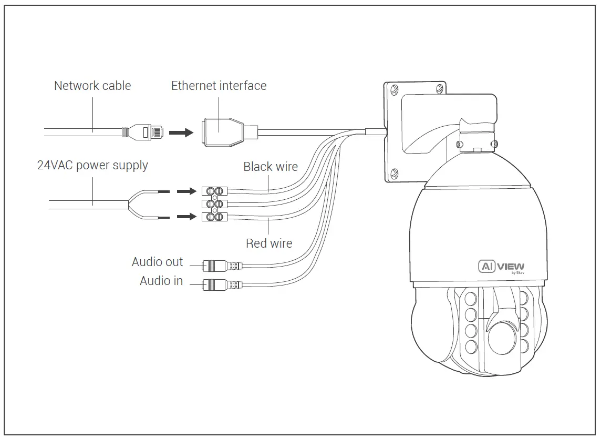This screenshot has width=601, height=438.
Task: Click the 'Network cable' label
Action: tap(92, 86)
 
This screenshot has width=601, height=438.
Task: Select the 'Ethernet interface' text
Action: tap(219, 86)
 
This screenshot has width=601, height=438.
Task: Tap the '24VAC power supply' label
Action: tap(92, 166)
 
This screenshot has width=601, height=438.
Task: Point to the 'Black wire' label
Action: tap(270, 167)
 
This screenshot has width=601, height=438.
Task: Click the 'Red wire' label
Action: tap(269, 243)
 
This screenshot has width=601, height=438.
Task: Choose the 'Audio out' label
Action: tap(157, 262)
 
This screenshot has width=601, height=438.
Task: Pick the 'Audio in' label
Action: tap(161, 281)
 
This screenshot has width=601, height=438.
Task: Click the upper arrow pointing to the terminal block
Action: tap(185, 191)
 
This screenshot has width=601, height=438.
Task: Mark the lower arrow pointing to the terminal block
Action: tap(185, 216)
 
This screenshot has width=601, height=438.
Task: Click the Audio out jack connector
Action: tap(215, 266)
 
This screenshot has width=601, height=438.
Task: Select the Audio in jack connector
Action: tap(215, 284)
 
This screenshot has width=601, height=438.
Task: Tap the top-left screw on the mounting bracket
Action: tap(393, 90)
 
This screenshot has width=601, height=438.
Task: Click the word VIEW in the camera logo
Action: tap(510, 266)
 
